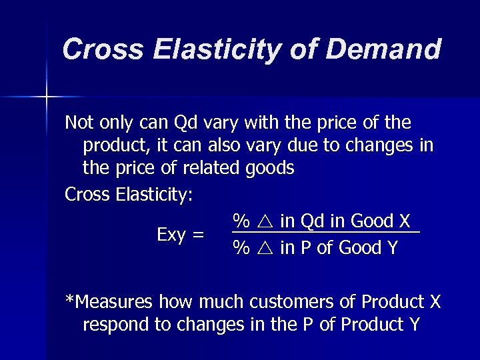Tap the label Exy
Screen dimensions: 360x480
pyautogui.click(x=170, y=235)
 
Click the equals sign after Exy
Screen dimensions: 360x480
pyautogui.click(x=197, y=235)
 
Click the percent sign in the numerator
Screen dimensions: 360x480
pyautogui.click(x=241, y=221)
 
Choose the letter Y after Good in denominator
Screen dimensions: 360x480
pyautogui.click(x=392, y=248)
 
